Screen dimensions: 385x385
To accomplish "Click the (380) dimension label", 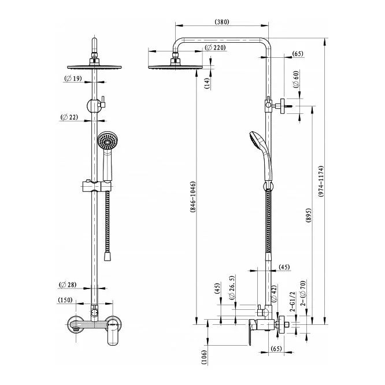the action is pyautogui.click(x=222, y=22).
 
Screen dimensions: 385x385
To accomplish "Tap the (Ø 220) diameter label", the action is pyautogui.click(x=215, y=47).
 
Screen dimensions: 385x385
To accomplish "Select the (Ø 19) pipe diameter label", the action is pyautogui.click(x=73, y=79).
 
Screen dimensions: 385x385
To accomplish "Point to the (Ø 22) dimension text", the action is pyautogui.click(x=69, y=117).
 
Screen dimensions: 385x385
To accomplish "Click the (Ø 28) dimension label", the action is pyautogui.click(x=68, y=285).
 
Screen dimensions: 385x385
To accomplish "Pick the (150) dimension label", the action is pyautogui.click(x=65, y=300).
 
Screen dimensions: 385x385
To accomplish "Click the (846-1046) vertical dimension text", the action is pyautogui.click(x=192, y=197).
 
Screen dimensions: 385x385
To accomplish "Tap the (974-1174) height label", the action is pyautogui.click(x=321, y=181).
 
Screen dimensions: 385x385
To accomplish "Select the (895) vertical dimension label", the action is pyautogui.click(x=309, y=216).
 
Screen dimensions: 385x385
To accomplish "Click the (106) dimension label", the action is pyautogui.click(x=205, y=357).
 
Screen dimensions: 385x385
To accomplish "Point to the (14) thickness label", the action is pyautogui.click(x=208, y=83).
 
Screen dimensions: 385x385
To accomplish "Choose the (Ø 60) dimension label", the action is pyautogui.click(x=296, y=79).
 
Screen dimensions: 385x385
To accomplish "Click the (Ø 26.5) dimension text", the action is pyautogui.click(x=232, y=287).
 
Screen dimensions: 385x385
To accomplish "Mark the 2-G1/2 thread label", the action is pyautogui.click(x=293, y=302).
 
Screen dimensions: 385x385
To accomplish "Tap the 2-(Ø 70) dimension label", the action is pyautogui.click(x=303, y=293).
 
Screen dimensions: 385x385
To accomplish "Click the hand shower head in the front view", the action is pyautogui.click(x=108, y=141).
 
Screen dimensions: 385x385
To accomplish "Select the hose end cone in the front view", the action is pyautogui.click(x=108, y=256).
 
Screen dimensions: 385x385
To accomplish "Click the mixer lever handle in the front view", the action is pyautogui.click(x=113, y=332).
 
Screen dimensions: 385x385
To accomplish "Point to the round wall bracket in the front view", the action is pyautogui.click(x=93, y=106).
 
